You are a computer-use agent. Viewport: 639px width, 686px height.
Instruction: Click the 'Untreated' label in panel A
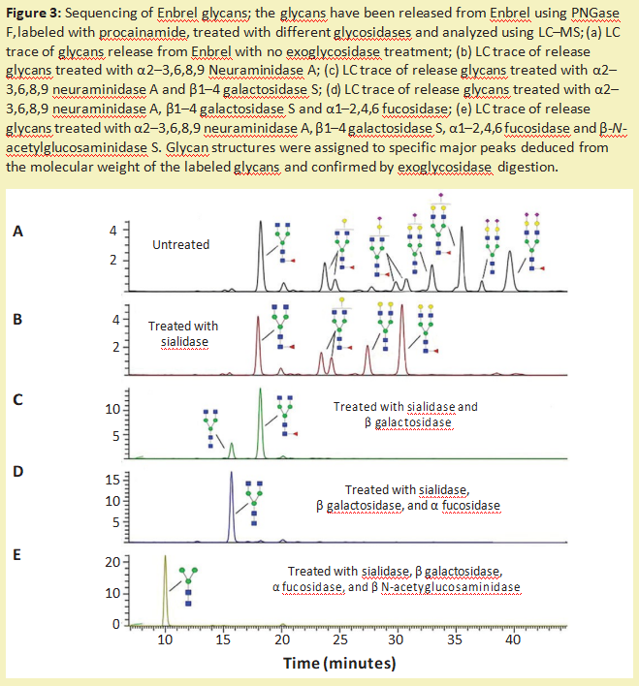pos(180,244)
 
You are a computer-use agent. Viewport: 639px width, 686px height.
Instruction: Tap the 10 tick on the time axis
pos(165,639)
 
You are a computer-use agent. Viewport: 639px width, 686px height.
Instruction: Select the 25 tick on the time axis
pos(339,639)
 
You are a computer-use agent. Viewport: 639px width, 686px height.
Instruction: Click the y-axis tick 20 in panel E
pos(110,563)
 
